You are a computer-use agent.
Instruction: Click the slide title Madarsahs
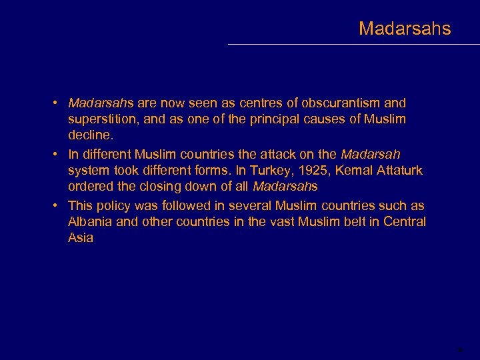tap(404, 29)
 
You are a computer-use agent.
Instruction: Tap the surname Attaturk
tap(399, 171)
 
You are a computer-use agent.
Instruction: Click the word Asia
tap(81, 238)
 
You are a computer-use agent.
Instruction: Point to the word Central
tap(405, 222)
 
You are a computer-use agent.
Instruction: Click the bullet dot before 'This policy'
tap(59, 206)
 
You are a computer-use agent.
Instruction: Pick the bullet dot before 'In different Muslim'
tap(59, 155)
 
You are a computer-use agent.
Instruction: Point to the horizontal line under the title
tap(353, 45)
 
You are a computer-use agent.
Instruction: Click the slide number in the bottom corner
tap(459, 349)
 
